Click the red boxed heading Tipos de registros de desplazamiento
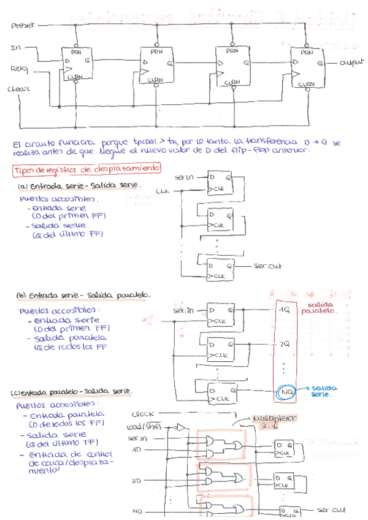(x=86, y=168)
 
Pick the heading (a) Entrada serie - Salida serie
(x=80, y=185)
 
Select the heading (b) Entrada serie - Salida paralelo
(x=83, y=295)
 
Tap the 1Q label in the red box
(x=285, y=310)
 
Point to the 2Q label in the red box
(x=285, y=344)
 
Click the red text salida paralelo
(x=318, y=307)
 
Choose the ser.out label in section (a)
(x=266, y=266)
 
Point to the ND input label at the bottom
(x=137, y=510)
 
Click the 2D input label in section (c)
(x=136, y=480)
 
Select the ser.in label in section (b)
(x=183, y=311)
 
